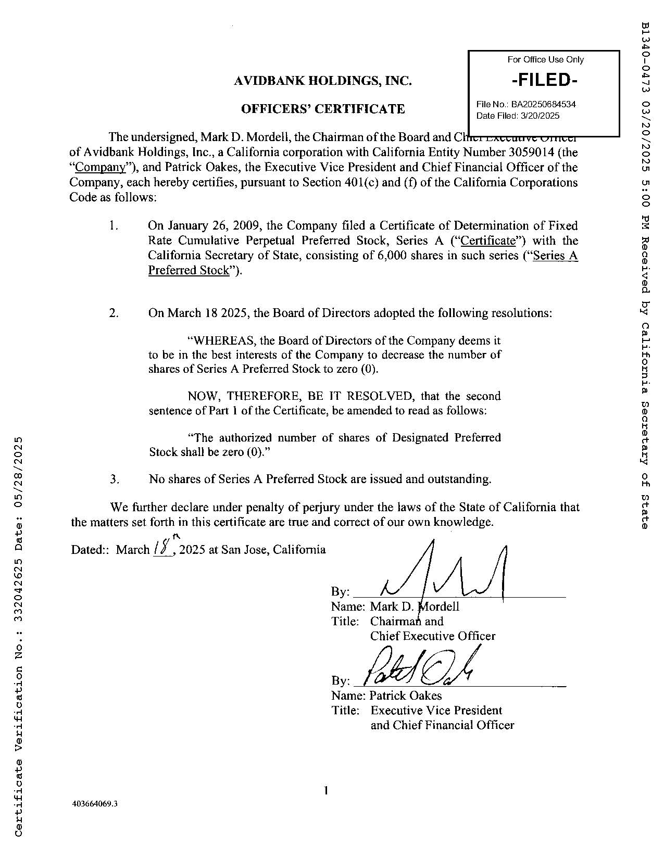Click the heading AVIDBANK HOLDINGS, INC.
click(323, 81)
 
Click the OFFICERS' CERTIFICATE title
click(323, 109)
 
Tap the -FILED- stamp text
click(545, 80)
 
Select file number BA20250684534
click(543, 104)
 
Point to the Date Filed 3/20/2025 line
click(518, 116)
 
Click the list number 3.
click(115, 479)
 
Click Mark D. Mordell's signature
click(443, 575)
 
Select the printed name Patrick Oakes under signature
click(406, 696)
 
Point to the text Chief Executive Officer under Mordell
click(433, 636)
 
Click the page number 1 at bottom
click(325, 791)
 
